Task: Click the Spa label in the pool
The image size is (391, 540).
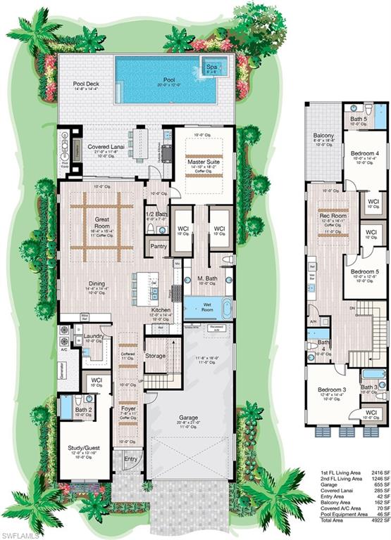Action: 211,67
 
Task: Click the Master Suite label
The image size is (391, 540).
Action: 205,162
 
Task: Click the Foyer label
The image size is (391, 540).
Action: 128,407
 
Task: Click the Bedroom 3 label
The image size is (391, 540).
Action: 329,390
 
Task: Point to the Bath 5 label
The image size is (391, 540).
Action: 359,120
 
